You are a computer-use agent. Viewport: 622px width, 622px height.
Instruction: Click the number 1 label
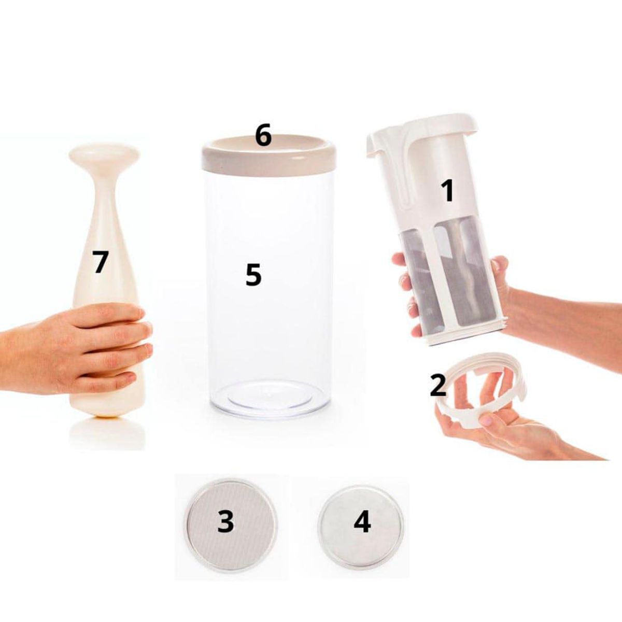coord(447,191)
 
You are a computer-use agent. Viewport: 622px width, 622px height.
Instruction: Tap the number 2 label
coord(438,385)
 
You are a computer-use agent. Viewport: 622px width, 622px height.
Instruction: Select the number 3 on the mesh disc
coord(225,521)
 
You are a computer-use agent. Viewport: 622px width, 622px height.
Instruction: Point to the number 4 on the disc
coord(362,521)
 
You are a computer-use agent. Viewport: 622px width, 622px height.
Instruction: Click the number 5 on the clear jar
coord(253,275)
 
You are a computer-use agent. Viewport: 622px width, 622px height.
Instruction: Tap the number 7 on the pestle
coord(100,262)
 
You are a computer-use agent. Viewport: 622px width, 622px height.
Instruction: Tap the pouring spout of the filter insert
coord(374,148)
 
